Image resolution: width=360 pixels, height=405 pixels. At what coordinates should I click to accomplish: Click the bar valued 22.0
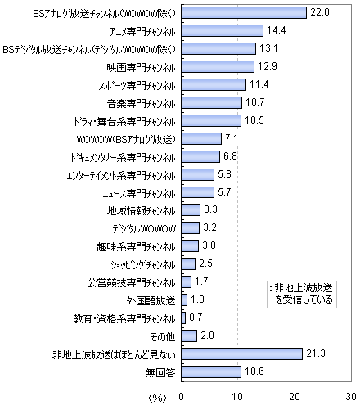244,12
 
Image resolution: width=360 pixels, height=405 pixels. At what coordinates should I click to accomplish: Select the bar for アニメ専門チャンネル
223,30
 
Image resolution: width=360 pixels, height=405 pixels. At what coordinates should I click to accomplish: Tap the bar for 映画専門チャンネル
218,66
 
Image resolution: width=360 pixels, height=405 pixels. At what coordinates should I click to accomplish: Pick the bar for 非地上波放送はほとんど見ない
242,353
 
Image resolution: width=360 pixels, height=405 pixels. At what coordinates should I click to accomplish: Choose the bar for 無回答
211,371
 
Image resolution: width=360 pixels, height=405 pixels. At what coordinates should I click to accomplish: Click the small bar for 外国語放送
184,299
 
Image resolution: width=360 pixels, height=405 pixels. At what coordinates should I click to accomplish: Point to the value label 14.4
277,30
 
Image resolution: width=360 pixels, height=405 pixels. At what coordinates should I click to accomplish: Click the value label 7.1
232,138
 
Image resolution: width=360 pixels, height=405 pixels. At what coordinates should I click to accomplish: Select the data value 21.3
316,353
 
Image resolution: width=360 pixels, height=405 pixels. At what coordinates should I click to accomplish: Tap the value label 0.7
196,317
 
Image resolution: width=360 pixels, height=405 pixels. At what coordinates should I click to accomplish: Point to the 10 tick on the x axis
237,397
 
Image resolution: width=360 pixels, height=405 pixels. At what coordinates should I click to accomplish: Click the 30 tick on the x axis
351,397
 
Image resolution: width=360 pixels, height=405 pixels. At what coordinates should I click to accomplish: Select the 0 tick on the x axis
182,397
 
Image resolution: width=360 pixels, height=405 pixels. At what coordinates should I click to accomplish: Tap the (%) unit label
157,398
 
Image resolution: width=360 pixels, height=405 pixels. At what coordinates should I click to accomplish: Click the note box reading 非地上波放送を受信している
302,295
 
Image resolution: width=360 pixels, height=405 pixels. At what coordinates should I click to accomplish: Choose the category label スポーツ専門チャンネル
137,86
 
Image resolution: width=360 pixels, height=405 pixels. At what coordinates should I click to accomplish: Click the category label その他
163,337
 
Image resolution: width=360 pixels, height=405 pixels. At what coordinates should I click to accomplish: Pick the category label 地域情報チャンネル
141,211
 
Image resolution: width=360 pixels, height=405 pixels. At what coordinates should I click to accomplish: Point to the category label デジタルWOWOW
144,228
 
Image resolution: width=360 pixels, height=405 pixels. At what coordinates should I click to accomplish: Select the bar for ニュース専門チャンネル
198,192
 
